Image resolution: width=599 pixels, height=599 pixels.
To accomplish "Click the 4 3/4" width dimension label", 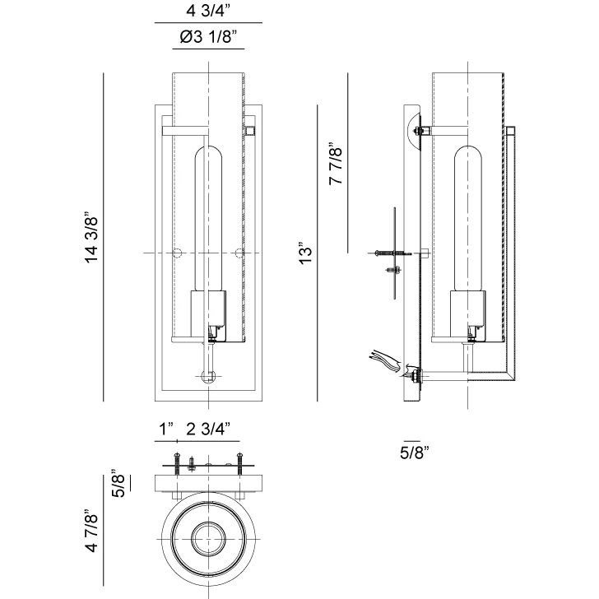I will (x=208, y=12).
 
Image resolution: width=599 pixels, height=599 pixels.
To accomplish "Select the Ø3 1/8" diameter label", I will (x=208, y=37).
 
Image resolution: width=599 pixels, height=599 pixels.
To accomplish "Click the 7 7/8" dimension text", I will (x=335, y=165).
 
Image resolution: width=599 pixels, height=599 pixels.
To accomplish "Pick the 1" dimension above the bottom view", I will (x=167, y=429).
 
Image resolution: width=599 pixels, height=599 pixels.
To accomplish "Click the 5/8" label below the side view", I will (x=416, y=451).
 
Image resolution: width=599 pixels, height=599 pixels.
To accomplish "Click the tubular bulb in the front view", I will (x=207, y=218).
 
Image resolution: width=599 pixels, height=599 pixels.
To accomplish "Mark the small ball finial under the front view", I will (x=208, y=378).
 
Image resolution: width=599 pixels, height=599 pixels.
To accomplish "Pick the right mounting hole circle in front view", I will (x=239, y=252).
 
